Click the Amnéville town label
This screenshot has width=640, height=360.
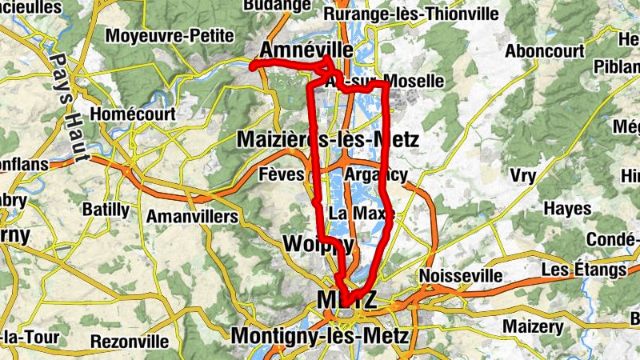point(306,50)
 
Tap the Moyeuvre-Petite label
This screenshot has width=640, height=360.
point(170,36)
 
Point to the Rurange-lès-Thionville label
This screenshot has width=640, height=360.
point(411,15)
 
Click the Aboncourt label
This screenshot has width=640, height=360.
point(545,50)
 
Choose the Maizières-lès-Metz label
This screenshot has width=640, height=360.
point(328,140)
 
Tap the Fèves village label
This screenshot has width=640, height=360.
point(282,174)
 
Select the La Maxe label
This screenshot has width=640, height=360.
point(352,214)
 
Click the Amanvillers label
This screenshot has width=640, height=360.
point(192,217)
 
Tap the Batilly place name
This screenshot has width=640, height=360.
point(106,210)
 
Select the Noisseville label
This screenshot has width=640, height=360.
point(460,276)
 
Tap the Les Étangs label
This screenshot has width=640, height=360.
point(583,270)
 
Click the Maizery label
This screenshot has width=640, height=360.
point(533,326)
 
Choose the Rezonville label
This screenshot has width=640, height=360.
point(130,342)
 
